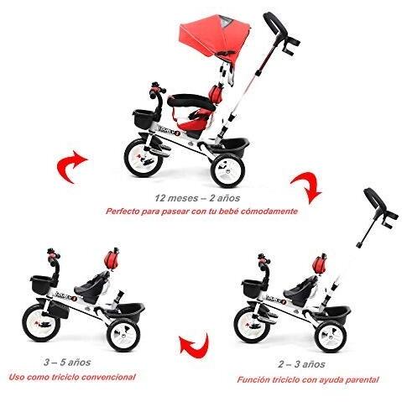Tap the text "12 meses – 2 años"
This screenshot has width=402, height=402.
(x=200, y=199)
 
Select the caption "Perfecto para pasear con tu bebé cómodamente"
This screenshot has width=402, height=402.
(x=201, y=212)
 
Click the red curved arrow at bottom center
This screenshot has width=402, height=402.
(x=194, y=343)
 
